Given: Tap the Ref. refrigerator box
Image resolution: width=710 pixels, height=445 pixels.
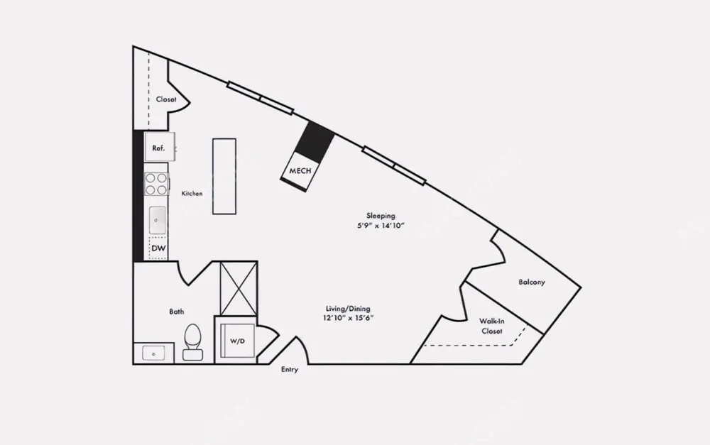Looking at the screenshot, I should pyautogui.click(x=159, y=148).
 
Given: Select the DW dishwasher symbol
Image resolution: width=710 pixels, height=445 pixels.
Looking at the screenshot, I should pyautogui.click(x=158, y=248).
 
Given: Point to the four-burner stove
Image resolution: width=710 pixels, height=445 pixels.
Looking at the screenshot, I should pyautogui.click(x=156, y=185).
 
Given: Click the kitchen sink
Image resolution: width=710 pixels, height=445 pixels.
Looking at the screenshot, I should pyautogui.click(x=157, y=221).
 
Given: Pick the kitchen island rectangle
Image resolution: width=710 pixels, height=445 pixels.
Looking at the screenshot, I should pyautogui.click(x=224, y=177).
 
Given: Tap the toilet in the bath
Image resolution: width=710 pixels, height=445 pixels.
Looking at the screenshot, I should pyautogui.click(x=192, y=342).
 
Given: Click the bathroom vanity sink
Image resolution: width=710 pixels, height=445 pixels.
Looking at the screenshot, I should pyautogui.click(x=153, y=353).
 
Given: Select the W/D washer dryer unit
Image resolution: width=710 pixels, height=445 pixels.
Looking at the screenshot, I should pyautogui.click(x=236, y=341).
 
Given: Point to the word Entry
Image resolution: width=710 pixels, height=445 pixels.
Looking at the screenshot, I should pyautogui.click(x=290, y=370).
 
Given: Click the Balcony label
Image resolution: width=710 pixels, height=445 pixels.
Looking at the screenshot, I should pyautogui.click(x=532, y=282).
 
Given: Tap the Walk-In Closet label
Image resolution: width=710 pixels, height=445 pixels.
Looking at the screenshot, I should pyautogui.click(x=491, y=326).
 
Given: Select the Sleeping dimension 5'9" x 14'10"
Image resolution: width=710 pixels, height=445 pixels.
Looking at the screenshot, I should pyautogui.click(x=381, y=226).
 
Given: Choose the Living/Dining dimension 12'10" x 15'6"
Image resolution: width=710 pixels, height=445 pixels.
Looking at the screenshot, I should pyautogui.click(x=348, y=318).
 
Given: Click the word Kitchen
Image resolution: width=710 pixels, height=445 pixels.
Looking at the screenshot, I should pyautogui.click(x=192, y=193).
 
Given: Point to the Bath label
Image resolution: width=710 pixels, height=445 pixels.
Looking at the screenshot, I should pyautogui.click(x=177, y=312).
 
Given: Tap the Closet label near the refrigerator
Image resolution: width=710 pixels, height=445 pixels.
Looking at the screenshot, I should pyautogui.click(x=166, y=99).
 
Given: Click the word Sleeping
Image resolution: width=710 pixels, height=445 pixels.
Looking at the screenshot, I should pyautogui.click(x=381, y=215).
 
